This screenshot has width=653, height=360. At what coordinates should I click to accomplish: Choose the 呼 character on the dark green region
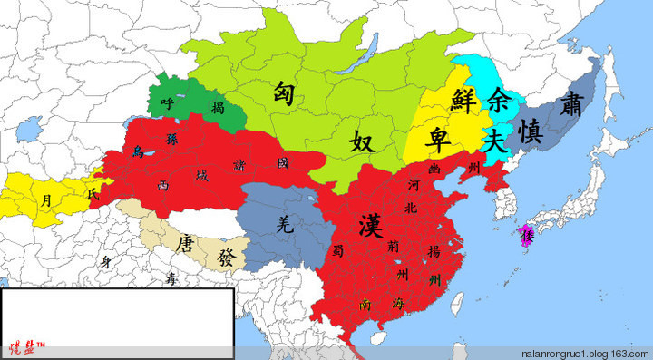click(166, 102)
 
